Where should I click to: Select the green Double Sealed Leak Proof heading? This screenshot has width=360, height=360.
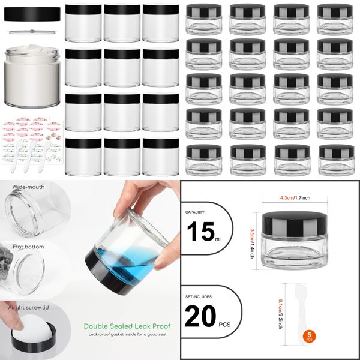click(127, 326)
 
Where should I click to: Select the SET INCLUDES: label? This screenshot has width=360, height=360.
click(199, 295)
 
